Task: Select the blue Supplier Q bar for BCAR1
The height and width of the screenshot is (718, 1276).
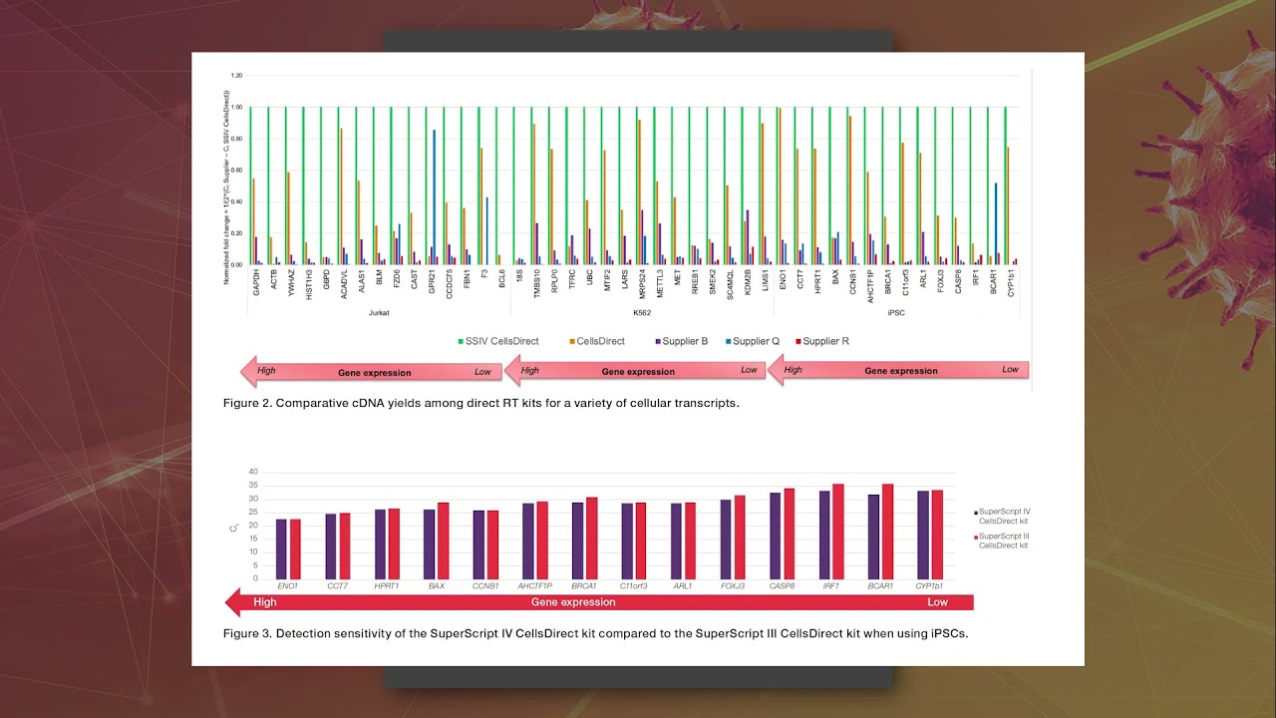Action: pyautogui.click(x=996, y=223)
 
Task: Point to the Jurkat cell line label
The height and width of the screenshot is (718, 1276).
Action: pyautogui.click(x=379, y=312)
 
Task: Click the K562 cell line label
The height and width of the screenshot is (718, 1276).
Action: pyautogui.click(x=642, y=312)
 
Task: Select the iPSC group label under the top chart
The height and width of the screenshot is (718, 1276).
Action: pyautogui.click(x=897, y=312)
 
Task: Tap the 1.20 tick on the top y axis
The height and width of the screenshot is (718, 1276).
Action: pyautogui.click(x=236, y=76)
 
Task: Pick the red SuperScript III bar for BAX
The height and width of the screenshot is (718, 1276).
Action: pyautogui.click(x=443, y=539)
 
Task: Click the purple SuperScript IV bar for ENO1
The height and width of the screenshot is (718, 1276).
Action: pyautogui.click(x=281, y=548)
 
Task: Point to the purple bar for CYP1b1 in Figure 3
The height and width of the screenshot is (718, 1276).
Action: pyautogui.click(x=924, y=535)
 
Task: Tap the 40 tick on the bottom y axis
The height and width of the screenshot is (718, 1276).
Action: pyautogui.click(x=253, y=472)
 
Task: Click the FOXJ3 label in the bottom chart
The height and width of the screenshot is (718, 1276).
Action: pyautogui.click(x=733, y=587)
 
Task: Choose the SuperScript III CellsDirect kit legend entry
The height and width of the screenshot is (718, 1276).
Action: pyautogui.click(x=1004, y=540)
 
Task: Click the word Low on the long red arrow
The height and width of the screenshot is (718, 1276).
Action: pyautogui.click(x=937, y=602)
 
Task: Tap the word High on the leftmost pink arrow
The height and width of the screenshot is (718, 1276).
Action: pyautogui.click(x=266, y=370)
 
